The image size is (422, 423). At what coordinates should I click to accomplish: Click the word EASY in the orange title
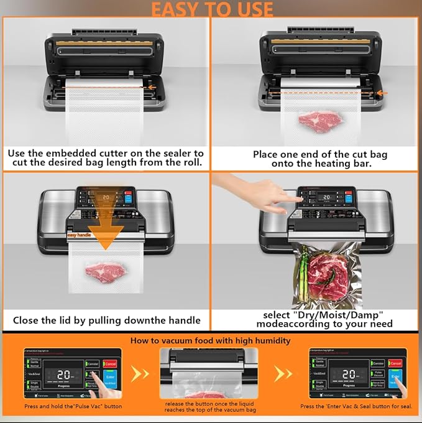[x=176, y=9]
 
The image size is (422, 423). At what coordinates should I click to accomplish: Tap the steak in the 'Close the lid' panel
[x=103, y=271]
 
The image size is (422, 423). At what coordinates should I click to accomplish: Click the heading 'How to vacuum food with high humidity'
[x=210, y=340]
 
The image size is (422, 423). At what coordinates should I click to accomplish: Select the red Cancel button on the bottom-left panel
[x=110, y=363]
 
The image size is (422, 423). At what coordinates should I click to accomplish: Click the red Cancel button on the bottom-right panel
[x=395, y=363]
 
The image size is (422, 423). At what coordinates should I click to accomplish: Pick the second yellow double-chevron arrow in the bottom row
[x=283, y=373]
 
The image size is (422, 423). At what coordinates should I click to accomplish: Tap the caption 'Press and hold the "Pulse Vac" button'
[x=73, y=406]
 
